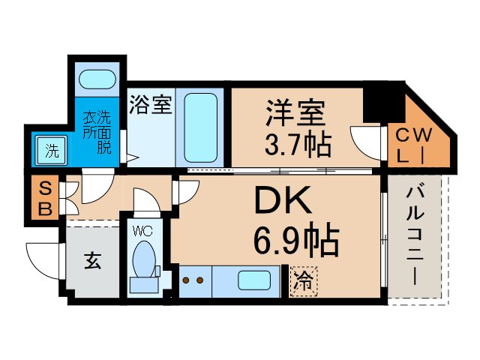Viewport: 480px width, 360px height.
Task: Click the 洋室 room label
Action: [295, 112]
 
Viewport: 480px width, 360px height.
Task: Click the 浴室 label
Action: [150, 105]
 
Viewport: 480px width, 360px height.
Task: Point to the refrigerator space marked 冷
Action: [302, 282]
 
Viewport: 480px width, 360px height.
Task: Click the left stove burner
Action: [187, 282]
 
